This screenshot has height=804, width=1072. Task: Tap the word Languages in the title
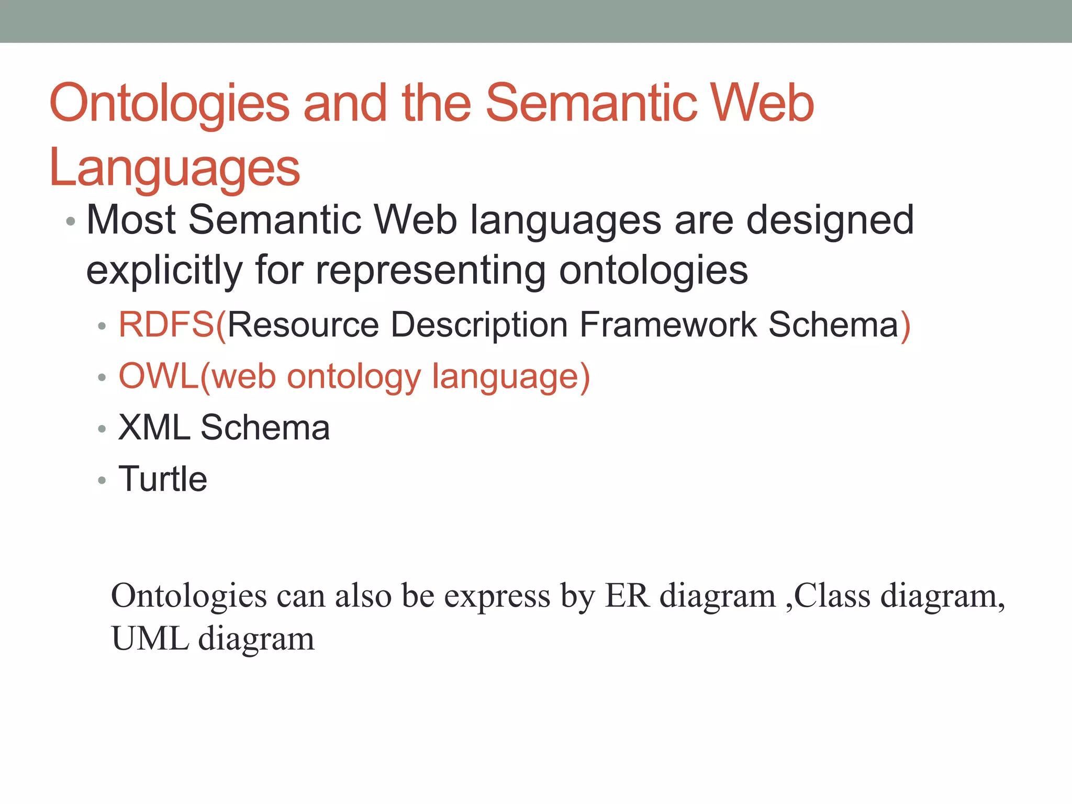click(174, 168)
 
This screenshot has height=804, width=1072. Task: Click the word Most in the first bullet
click(131, 220)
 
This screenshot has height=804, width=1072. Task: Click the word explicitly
click(164, 271)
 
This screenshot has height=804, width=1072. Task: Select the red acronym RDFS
click(166, 325)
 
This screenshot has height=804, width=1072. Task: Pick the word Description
click(479, 325)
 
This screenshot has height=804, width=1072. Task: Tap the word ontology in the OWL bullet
click(354, 377)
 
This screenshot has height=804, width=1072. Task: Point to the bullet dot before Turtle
click(102, 480)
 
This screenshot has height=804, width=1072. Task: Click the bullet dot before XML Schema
click(102, 429)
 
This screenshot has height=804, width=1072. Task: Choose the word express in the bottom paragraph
click(497, 597)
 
